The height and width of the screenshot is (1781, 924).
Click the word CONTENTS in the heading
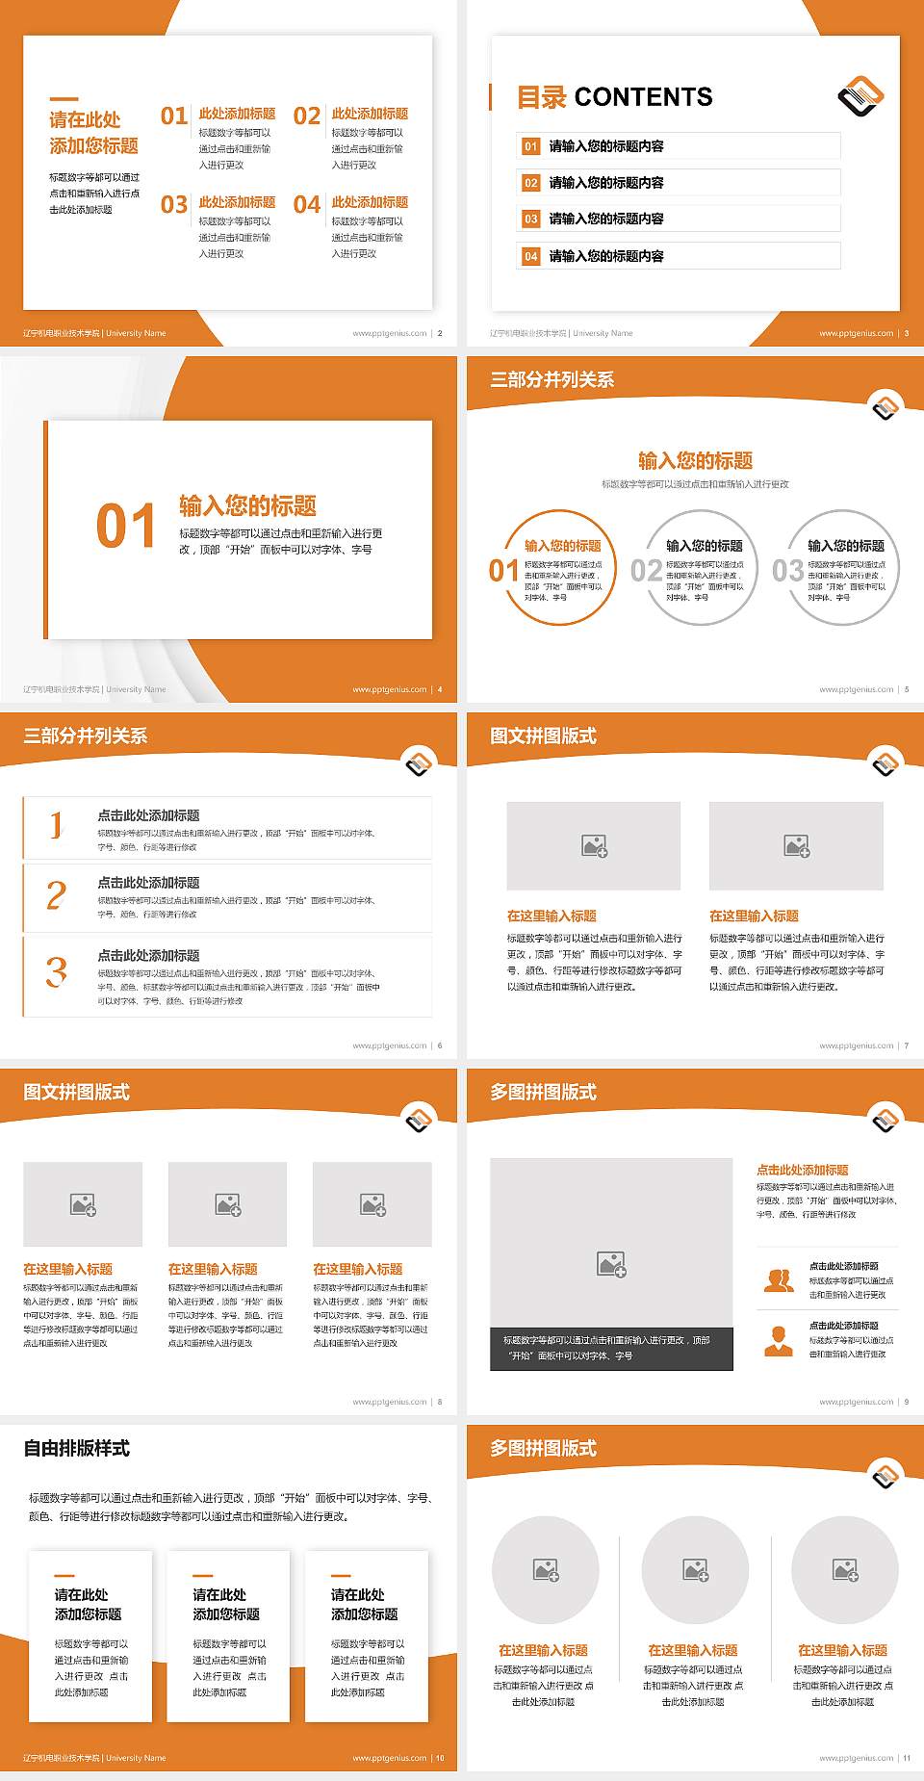point(643,97)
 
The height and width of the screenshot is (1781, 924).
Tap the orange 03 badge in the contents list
point(530,219)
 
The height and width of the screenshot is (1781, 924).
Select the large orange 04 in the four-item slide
point(307,205)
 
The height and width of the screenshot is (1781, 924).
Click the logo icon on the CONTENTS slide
point(860,95)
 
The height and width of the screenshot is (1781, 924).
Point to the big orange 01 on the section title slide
point(126,527)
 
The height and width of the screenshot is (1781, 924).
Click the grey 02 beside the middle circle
point(646,571)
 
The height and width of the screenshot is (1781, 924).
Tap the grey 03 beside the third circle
point(787,571)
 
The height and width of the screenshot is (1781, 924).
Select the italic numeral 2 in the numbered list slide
point(57,895)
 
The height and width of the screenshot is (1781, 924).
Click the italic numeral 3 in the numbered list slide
point(57,971)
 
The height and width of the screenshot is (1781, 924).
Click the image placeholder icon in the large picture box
point(611,1264)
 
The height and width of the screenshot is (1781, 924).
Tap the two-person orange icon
point(779,1280)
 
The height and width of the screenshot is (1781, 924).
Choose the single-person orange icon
point(778,1340)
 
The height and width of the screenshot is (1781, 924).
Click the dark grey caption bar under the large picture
point(611,1348)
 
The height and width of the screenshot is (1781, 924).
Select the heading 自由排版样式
point(77,1449)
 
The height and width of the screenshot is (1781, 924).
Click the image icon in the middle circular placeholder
point(696,1571)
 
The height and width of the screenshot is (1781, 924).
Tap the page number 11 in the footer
point(907,1758)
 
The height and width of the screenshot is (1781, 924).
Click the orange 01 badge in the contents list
point(530,146)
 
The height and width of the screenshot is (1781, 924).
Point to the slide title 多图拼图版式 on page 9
point(544,1093)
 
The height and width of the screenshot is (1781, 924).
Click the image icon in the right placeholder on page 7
point(796,846)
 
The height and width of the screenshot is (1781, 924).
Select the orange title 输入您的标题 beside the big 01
point(247,506)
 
